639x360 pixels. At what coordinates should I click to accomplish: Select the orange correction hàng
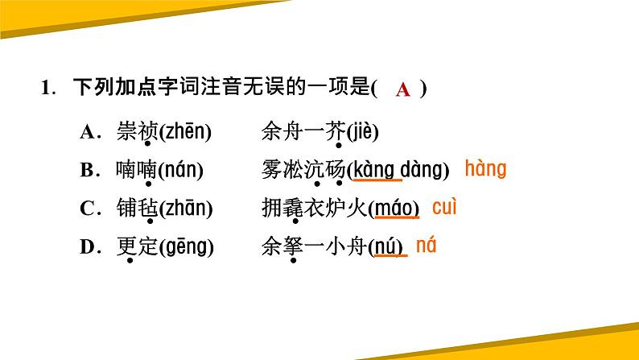(485, 169)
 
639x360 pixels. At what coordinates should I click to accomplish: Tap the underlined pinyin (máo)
(394, 209)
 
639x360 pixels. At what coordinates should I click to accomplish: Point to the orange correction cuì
(444, 207)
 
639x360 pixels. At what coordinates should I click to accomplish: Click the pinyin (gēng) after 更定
(187, 247)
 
